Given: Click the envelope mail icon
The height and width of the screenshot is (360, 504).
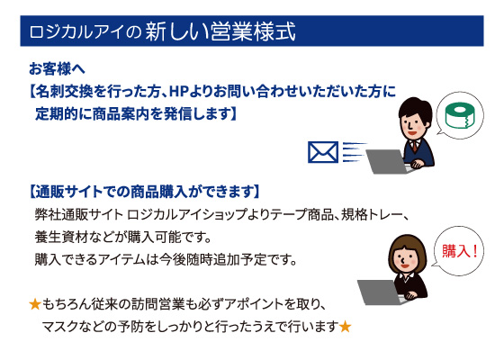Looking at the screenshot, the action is coord(323,152).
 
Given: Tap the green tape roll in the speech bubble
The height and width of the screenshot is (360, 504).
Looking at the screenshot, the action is coord(461,115).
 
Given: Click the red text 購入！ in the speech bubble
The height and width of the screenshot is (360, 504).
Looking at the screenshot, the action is coord(460,251).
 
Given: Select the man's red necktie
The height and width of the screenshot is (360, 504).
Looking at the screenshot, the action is coord(415,146).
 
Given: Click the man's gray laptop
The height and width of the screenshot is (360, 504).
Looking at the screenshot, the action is coord(387,161).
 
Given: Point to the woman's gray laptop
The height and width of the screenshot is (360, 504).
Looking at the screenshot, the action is coord(379,292).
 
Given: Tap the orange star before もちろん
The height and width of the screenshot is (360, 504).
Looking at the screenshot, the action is coord(35,304).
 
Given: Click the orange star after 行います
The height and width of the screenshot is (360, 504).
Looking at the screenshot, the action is coord(345,327).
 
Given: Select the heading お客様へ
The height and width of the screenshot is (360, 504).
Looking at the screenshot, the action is coord(57,68).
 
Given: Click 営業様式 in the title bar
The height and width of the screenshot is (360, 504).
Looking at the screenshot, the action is coord(253,31).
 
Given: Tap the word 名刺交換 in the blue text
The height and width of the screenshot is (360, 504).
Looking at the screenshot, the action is coord(64,92).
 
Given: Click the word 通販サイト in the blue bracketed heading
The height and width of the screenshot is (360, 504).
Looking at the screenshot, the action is coord(69,192).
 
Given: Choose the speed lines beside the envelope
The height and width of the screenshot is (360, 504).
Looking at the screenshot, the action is coord(354,152).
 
